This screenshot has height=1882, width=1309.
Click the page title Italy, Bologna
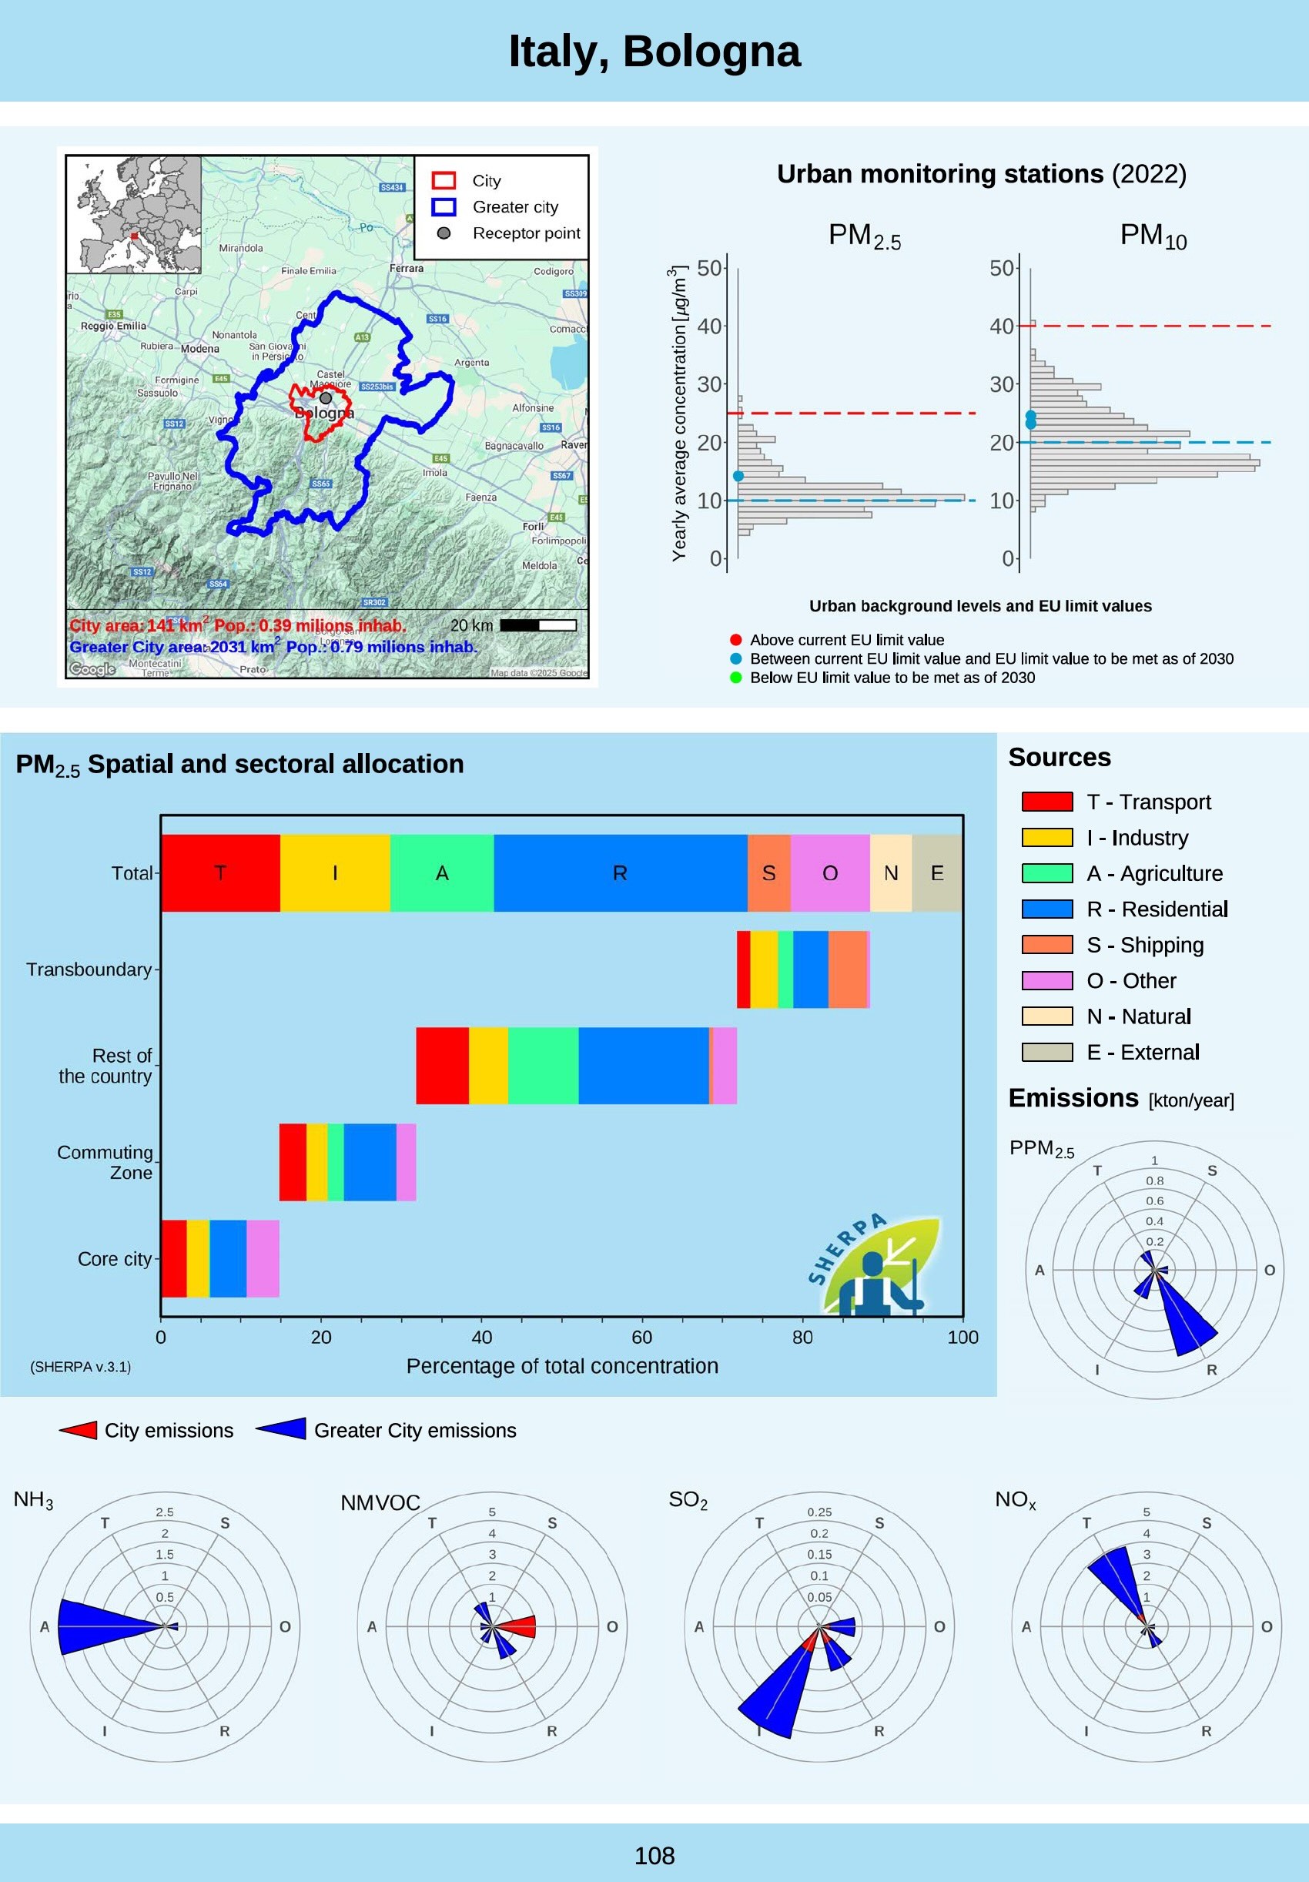click(x=654, y=52)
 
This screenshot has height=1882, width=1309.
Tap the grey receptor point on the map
click(x=326, y=397)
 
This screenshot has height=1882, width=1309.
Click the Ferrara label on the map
click(x=407, y=268)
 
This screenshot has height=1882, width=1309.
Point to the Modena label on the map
click(x=200, y=348)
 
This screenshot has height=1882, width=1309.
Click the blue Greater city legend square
click(x=444, y=206)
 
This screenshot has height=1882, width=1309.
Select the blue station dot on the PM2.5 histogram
click(x=738, y=476)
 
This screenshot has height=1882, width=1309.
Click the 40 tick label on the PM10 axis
click(x=1001, y=327)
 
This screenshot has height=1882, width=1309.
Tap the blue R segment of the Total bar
click(x=620, y=873)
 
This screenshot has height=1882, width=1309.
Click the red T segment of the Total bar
click(x=219, y=873)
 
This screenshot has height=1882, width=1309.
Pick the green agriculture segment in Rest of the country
click(x=543, y=1066)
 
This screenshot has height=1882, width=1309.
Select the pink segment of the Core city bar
click(x=263, y=1258)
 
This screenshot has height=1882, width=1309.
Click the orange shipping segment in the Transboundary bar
click(x=847, y=969)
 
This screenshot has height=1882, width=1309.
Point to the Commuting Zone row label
click(x=105, y=1162)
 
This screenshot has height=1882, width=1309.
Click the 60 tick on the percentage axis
click(x=642, y=1337)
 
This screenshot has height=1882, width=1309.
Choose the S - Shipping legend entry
click(x=1144, y=945)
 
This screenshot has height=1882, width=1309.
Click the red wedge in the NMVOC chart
click(x=519, y=1626)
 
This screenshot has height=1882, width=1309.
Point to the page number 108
click(x=654, y=1856)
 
